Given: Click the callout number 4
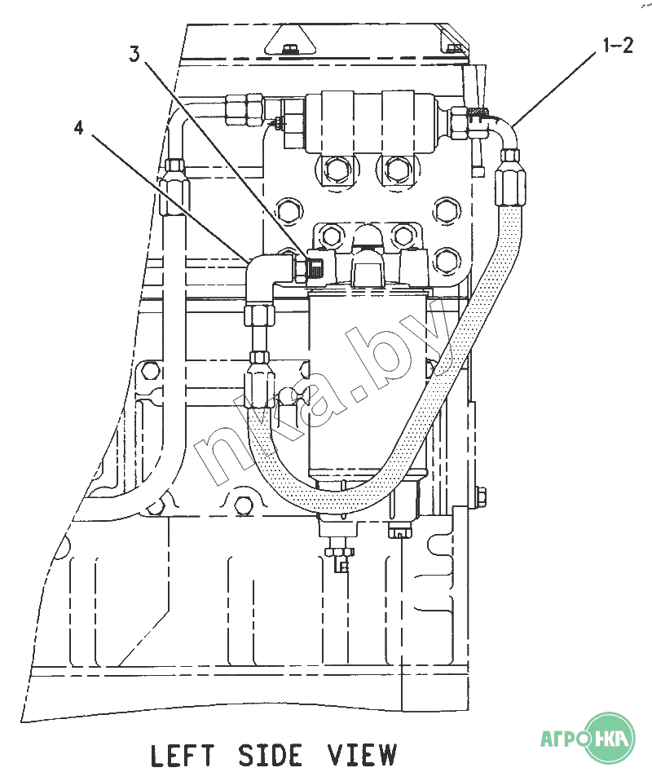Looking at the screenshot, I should (x=78, y=127).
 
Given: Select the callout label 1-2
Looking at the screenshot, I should (x=617, y=45).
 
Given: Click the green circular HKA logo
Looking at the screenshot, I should (x=610, y=738).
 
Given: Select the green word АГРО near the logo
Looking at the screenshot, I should (x=562, y=739).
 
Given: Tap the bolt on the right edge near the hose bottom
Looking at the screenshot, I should (x=479, y=495).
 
